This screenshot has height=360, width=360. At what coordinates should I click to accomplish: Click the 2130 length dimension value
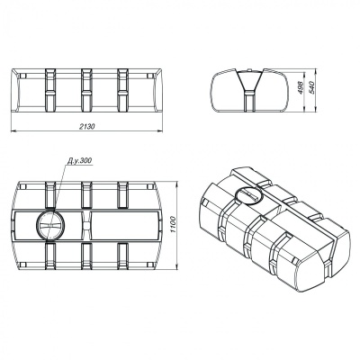click(x=87, y=127)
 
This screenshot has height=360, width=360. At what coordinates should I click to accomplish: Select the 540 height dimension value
click(x=311, y=87)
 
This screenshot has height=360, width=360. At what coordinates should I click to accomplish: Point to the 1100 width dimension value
click(x=172, y=225)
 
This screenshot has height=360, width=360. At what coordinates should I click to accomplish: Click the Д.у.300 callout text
click(x=79, y=161)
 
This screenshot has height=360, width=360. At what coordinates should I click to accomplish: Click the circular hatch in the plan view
click(x=50, y=225)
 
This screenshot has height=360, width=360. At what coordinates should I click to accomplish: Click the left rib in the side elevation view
click(x=50, y=90)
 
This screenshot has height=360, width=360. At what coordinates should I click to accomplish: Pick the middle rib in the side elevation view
click(x=86, y=90)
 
